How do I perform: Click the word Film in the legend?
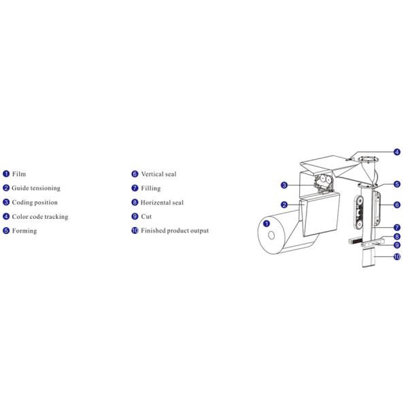click(19, 174)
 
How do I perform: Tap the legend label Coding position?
click(35, 203)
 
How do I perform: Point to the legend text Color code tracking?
click(40, 217)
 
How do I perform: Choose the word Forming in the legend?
click(24, 231)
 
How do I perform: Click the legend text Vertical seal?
click(158, 174)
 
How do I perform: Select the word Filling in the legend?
click(151, 188)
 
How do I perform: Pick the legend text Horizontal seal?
click(162, 203)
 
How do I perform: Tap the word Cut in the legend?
click(146, 217)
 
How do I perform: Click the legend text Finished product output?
click(175, 231)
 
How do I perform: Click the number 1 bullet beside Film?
click(6, 174)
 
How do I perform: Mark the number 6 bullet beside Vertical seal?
click(135, 174)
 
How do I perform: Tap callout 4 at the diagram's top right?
click(397, 152)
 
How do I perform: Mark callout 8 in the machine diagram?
click(397, 237)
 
